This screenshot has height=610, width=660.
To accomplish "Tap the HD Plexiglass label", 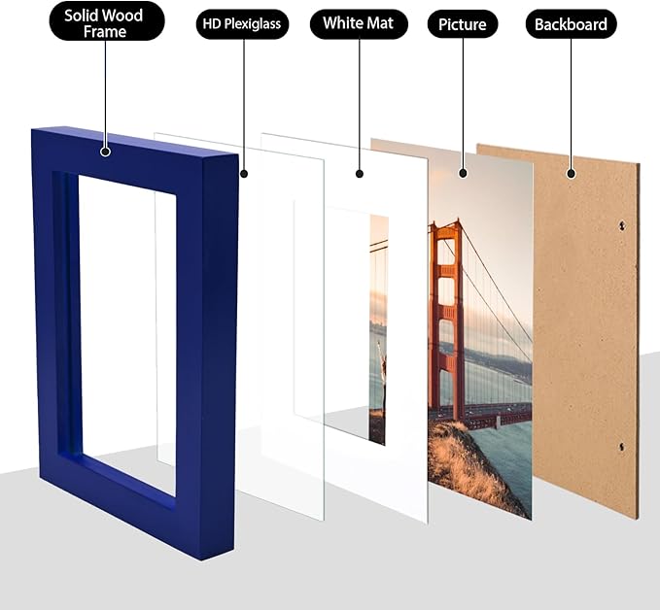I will [x=243, y=23].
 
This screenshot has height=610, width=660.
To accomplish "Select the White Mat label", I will [x=359, y=23].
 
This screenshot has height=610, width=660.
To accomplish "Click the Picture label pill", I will [x=463, y=24].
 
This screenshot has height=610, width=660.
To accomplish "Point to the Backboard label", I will [x=572, y=24].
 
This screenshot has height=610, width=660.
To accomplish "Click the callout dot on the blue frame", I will [x=105, y=151].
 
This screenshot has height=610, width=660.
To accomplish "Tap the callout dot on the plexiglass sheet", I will [x=243, y=174].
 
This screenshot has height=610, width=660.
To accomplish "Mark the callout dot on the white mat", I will [x=359, y=174].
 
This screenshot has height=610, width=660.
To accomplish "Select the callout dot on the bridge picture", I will [x=463, y=174].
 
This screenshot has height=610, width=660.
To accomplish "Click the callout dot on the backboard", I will [x=572, y=174].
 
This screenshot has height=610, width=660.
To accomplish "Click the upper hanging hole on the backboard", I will [x=621, y=226].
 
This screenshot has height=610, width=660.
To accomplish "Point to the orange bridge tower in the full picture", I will [x=446, y=321].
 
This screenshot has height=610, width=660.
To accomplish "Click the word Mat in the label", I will [x=381, y=23].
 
